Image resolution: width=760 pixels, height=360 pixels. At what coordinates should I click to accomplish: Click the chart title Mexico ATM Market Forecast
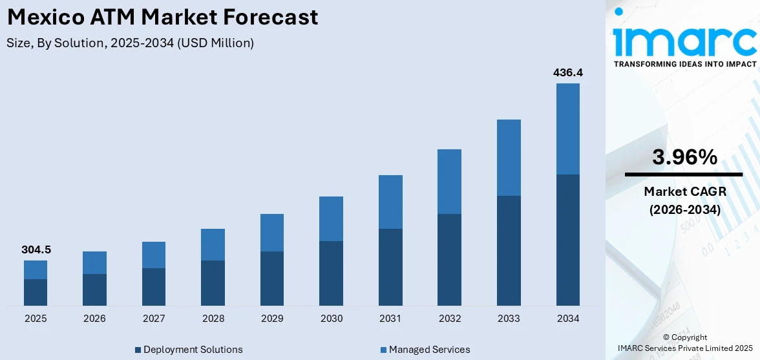pos(162,17)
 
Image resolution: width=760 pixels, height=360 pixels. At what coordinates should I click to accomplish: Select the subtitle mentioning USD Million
pos(130,43)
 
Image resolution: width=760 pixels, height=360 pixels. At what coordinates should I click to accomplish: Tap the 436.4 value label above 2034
pos(567,73)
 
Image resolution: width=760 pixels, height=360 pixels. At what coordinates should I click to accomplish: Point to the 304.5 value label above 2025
pos(36,249)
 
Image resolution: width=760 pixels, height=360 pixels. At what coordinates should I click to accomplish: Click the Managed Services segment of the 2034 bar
pos(567,129)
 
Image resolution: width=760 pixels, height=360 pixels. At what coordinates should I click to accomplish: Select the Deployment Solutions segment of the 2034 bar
pos(567,240)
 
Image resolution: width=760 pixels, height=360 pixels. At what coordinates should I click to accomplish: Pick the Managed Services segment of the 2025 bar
pos(36,270)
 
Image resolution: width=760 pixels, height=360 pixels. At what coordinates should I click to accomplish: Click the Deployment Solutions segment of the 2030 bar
pos(331,273)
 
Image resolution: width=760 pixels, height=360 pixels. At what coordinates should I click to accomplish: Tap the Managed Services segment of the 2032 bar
pos(449,182)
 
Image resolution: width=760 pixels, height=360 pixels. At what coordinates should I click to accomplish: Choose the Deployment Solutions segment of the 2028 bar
pos(213,282)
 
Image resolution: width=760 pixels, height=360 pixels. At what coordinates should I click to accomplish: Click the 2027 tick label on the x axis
pos(153,319)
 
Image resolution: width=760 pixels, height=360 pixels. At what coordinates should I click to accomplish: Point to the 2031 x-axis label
pos(390,319)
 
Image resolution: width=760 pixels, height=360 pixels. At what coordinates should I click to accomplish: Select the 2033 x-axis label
pos(509,319)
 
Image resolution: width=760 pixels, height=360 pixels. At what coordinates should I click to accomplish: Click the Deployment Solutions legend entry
pos(188,350)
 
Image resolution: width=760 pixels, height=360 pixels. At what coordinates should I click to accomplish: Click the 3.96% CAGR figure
pos(684,157)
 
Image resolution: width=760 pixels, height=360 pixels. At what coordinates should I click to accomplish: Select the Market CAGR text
pos(684,191)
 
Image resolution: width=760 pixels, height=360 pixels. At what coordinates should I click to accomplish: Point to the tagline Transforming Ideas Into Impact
pos(684,64)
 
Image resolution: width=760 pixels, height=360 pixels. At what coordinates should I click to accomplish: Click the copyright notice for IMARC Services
pos(684,343)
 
